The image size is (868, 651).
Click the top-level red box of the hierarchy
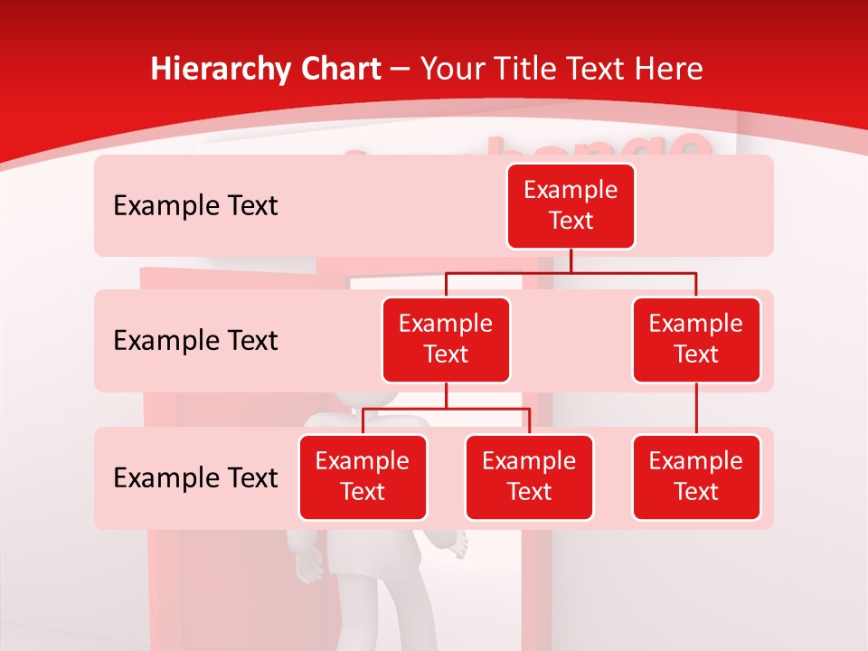point(571,206)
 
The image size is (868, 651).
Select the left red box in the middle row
point(446,339)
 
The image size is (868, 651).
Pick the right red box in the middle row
point(696,339)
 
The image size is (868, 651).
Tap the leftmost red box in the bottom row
point(363,476)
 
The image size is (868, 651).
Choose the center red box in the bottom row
point(529,476)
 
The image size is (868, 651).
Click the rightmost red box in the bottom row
point(696,476)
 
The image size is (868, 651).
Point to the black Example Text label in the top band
point(195,206)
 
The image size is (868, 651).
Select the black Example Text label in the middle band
point(195,341)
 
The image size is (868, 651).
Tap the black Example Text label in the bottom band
point(195,477)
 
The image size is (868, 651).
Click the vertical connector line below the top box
point(571,260)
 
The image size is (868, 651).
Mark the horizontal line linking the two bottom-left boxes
point(446,409)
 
